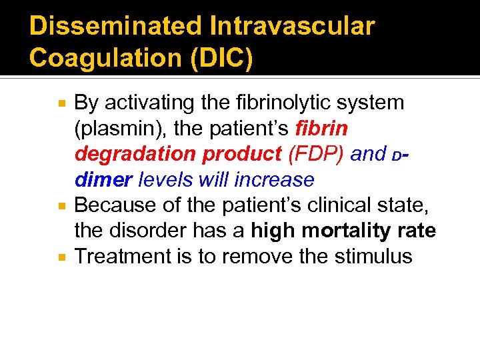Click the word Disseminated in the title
(x=115, y=27)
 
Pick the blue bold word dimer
(x=103, y=179)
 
